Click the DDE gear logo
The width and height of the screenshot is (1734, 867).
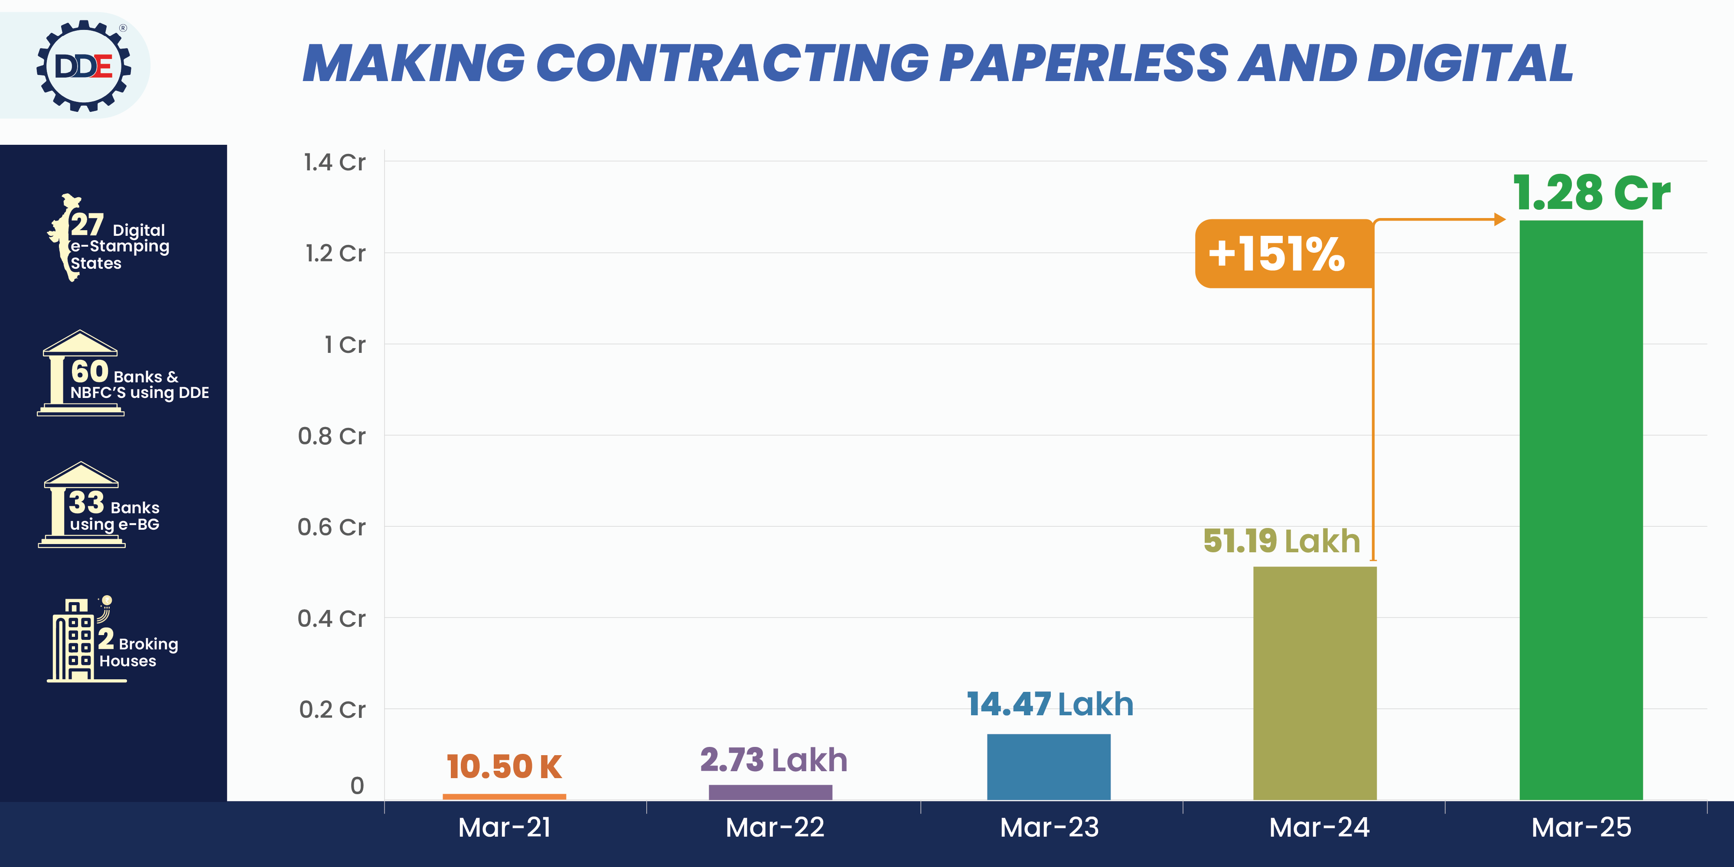pyautogui.click(x=84, y=66)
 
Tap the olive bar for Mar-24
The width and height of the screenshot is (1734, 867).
pyautogui.click(x=1315, y=683)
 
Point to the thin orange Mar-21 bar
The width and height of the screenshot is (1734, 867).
pyautogui.click(x=504, y=796)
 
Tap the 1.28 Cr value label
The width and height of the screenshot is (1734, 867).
pyautogui.click(x=1591, y=193)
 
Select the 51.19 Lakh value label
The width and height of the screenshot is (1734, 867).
pyautogui.click(x=1281, y=541)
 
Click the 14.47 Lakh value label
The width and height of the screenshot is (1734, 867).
pyautogui.click(x=1050, y=704)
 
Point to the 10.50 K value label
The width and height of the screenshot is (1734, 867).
pyautogui.click(x=503, y=767)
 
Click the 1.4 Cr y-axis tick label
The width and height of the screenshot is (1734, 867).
pyautogui.click(x=334, y=162)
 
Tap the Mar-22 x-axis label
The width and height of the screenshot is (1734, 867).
pyautogui.click(x=775, y=827)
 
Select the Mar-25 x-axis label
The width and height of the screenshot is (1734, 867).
pyautogui.click(x=1581, y=827)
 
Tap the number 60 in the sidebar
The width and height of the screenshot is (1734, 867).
pyautogui.click(x=90, y=371)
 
